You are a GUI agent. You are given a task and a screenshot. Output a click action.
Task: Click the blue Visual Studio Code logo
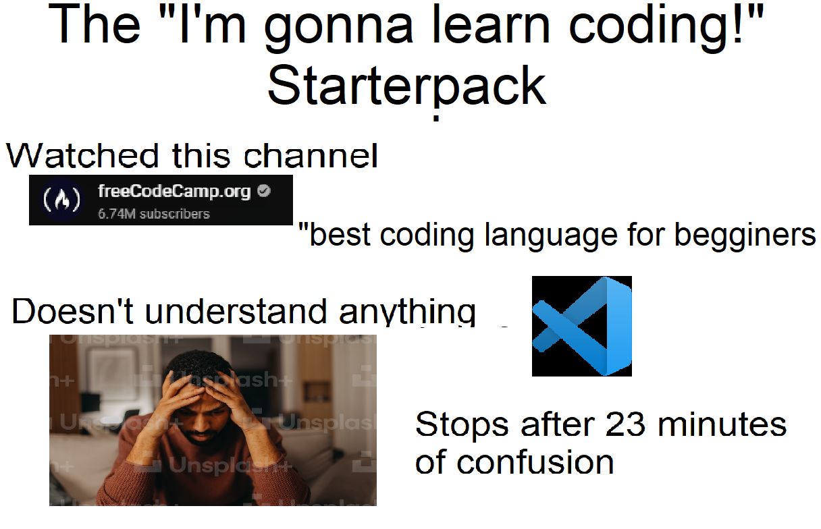click(582, 326)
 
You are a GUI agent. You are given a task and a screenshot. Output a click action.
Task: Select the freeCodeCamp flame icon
click(62, 200)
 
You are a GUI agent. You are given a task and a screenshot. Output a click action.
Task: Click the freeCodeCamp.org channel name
click(174, 191)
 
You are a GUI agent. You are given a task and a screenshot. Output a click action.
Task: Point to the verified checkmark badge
click(264, 191)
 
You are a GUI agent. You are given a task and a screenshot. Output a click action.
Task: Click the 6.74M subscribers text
click(154, 214)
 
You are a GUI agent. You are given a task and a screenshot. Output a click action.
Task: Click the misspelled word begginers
click(745, 235)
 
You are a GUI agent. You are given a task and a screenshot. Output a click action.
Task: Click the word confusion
click(535, 462)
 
